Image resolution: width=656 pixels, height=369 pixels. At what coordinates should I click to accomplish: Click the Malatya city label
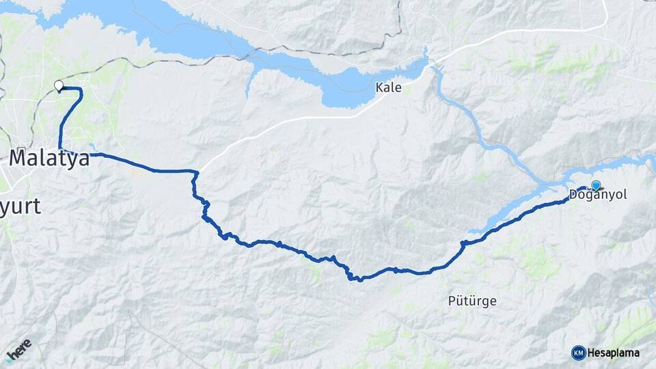pos(49,159)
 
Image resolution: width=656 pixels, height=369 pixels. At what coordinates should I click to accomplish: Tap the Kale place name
pos(387,87)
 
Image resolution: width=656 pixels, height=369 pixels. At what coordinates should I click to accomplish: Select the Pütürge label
pos(471,300)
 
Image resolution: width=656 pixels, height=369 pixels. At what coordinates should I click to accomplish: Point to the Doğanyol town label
pos(597,195)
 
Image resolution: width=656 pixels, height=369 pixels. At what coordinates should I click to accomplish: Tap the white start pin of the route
pos(59,86)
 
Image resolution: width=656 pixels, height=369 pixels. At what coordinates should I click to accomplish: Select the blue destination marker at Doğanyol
pos(596,185)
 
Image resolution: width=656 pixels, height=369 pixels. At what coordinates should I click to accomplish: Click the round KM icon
pos(578,353)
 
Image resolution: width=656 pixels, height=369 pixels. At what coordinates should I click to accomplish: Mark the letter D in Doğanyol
pos(573,195)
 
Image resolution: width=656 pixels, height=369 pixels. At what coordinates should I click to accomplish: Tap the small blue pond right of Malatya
pos(92,147)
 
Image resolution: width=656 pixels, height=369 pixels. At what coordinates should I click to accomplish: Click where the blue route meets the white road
pos(197,172)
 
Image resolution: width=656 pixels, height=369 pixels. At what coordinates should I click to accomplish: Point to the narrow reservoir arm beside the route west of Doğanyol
pos(506,212)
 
